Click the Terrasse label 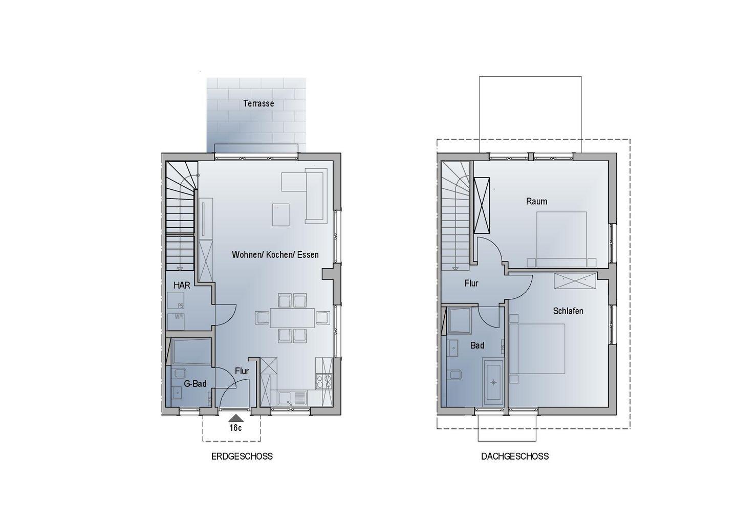coord(258,103)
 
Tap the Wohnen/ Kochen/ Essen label coord(275,254)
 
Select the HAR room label coord(182,285)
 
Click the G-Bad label coord(195,383)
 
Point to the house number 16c coord(235,428)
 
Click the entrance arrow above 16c coord(236,418)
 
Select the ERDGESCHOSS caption coord(242,457)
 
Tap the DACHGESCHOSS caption coord(515,457)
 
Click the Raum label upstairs coord(536,201)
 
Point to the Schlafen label coord(568,311)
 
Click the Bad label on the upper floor coord(477,345)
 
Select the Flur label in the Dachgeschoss coord(471,283)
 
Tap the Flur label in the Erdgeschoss coord(242,371)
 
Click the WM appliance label coord(179,317)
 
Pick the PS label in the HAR coord(180,306)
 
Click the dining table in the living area coord(293,318)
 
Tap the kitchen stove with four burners coord(323,382)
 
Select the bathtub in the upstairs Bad coord(493,382)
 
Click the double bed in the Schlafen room coord(537,349)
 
